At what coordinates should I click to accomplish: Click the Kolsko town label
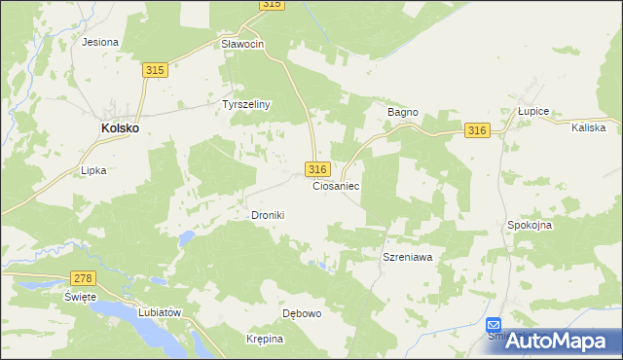(121, 127)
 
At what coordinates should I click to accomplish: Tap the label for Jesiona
(100, 42)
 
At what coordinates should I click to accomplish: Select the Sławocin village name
(242, 44)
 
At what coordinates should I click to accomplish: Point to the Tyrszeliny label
(246, 104)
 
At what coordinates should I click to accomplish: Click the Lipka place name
(93, 169)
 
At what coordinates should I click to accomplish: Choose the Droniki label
(268, 215)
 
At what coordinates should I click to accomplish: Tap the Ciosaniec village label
(337, 185)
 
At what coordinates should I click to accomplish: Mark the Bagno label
(403, 112)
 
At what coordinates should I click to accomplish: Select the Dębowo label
(302, 313)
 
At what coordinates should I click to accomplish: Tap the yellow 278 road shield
(83, 279)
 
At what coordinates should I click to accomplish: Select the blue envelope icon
(494, 326)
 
